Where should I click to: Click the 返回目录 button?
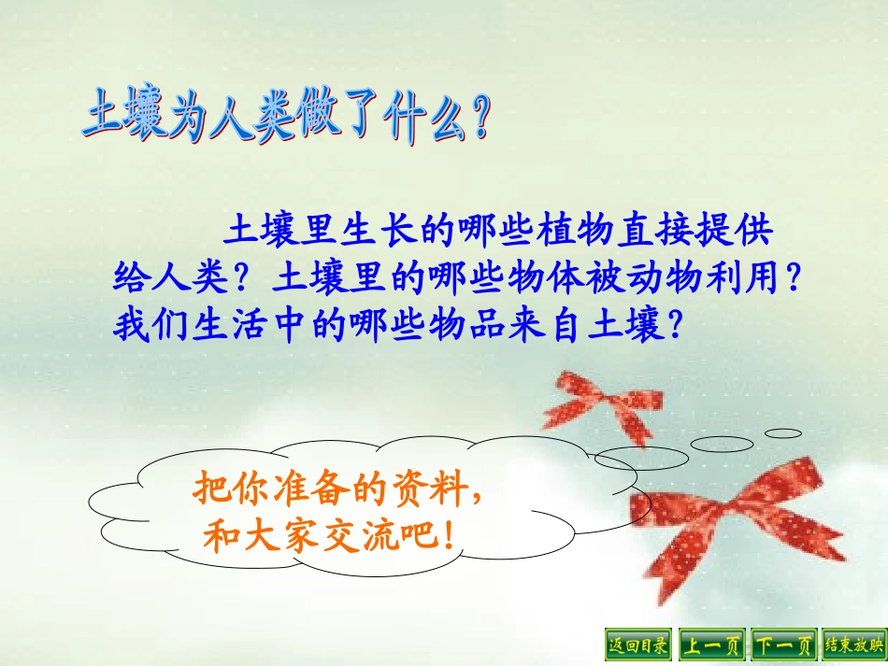click(x=639, y=644)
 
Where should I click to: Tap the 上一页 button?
click(x=711, y=644)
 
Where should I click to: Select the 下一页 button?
click(x=783, y=644)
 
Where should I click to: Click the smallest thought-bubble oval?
click(x=783, y=433)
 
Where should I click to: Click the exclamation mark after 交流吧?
click(x=450, y=536)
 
